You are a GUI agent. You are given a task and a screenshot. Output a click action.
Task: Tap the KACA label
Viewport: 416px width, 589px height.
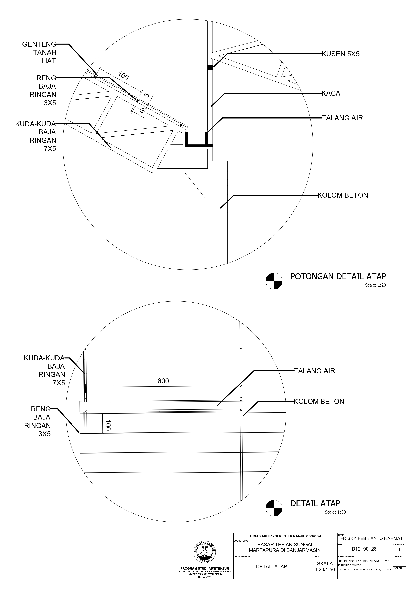pos(331,93)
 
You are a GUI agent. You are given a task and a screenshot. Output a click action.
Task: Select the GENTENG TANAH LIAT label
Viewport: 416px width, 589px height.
pos(39,53)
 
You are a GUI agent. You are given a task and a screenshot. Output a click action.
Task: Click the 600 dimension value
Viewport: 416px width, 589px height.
pos(163,381)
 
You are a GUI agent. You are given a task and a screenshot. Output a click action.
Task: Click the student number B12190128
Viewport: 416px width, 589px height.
pos(364,549)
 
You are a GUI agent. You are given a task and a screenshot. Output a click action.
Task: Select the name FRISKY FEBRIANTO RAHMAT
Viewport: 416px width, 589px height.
pos(371,538)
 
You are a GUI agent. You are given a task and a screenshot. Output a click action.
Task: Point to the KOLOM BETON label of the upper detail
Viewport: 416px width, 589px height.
pos(343,195)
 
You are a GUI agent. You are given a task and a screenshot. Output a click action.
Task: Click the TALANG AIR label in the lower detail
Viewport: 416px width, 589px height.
pos(314,371)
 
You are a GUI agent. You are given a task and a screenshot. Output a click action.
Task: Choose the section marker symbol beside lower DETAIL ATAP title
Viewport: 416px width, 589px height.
pos(274,508)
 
